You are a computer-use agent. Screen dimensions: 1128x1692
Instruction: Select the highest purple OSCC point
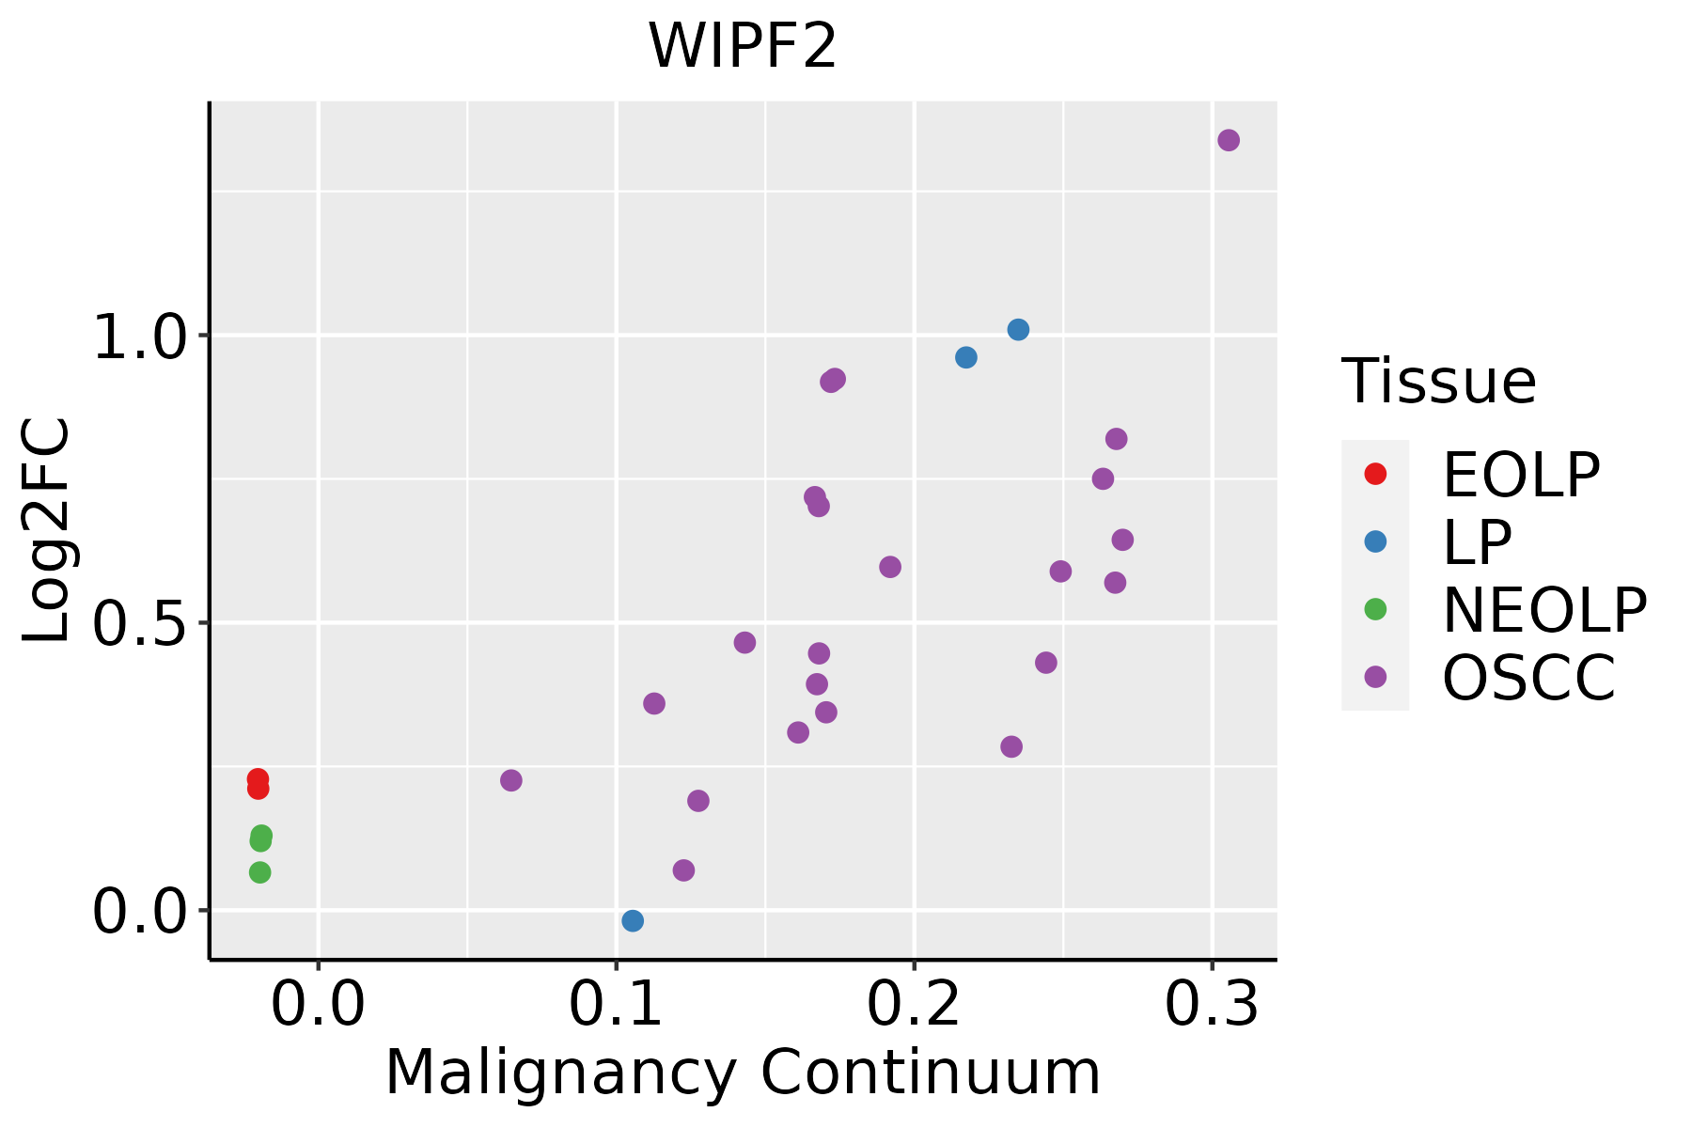pyautogui.click(x=1228, y=140)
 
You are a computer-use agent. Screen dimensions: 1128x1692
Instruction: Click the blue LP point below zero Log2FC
pyautogui.click(x=633, y=920)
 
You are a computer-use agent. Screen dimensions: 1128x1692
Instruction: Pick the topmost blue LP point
pyautogui.click(x=1018, y=329)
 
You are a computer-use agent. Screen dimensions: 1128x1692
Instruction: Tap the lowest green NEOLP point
pyautogui.click(x=259, y=872)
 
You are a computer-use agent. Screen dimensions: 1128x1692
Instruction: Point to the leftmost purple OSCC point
pyautogui.click(x=510, y=780)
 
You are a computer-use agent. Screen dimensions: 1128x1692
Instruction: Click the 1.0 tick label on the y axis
pyautogui.click(x=139, y=337)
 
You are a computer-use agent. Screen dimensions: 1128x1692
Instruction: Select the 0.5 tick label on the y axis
pyautogui.click(x=139, y=624)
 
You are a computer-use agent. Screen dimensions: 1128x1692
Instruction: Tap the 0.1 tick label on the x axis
pyautogui.click(x=616, y=1005)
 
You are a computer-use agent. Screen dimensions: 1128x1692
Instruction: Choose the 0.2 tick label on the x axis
pyautogui.click(x=914, y=1005)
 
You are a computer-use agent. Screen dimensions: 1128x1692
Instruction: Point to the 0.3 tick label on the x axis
pyautogui.click(x=1212, y=1005)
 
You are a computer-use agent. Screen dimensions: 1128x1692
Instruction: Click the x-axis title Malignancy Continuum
pyautogui.click(x=743, y=1073)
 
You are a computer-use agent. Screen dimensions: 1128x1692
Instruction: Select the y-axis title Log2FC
pyautogui.click(x=47, y=530)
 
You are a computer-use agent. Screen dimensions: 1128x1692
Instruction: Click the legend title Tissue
pyautogui.click(x=1438, y=382)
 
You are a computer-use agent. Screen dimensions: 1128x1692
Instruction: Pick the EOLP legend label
pyautogui.click(x=1520, y=475)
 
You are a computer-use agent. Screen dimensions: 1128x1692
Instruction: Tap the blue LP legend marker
pyautogui.click(x=1375, y=541)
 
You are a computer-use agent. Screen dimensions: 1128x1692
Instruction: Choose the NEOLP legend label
pyautogui.click(x=1543, y=610)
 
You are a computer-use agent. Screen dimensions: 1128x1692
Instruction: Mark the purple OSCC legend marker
pyautogui.click(x=1375, y=677)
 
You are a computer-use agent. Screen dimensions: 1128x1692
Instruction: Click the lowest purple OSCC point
pyautogui.click(x=683, y=870)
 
